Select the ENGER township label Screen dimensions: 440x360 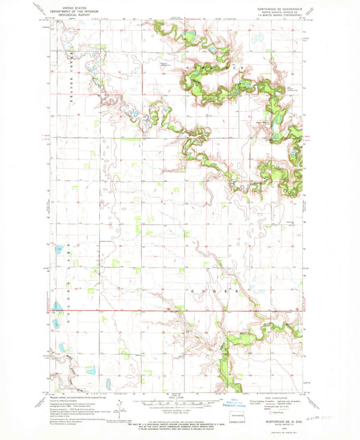(x=215, y=291)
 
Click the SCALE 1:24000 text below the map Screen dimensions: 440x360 (x=180, y=395)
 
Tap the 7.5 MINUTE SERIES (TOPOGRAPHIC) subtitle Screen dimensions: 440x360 (x=279, y=17)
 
